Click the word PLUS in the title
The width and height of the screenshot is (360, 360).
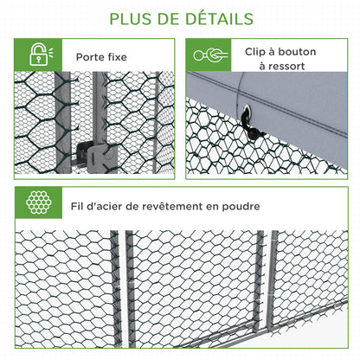pos(130,18)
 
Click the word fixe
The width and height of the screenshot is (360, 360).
pos(118,57)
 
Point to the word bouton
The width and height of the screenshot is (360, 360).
pos(296,52)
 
